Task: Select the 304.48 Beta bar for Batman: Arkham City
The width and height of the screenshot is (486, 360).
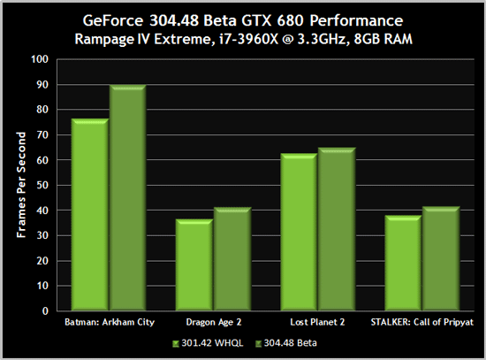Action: pos(126,198)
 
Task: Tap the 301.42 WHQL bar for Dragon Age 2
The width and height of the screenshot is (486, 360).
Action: pos(194,265)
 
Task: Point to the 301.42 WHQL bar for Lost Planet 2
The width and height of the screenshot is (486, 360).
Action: pos(300,233)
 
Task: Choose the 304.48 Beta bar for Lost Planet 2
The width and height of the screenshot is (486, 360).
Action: pos(336,230)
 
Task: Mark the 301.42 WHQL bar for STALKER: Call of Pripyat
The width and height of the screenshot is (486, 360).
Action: pos(404,264)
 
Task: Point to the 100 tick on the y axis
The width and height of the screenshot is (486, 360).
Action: pos(40,60)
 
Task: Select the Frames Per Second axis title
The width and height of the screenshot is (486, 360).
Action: pos(19,186)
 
